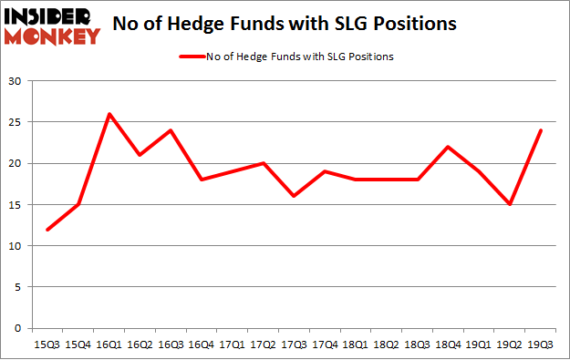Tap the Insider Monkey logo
coord(51,25)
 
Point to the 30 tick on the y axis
coord(14,82)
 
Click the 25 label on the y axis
coord(14,123)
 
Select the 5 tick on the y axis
coord(17,287)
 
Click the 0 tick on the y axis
coord(17,328)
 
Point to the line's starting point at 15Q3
coord(47,230)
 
